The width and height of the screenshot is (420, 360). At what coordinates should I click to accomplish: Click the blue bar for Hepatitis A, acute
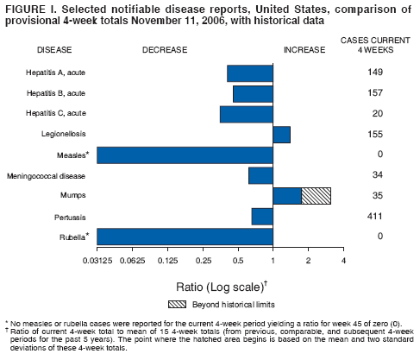point(250,73)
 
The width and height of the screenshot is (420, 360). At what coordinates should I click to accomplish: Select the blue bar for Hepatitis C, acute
point(247,114)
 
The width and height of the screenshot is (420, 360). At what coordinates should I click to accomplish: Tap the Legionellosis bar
point(281,134)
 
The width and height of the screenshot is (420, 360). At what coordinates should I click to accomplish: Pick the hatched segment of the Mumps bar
point(316,196)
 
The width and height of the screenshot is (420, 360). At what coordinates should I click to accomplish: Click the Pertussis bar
point(262,216)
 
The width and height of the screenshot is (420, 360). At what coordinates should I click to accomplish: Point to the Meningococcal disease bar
point(260,175)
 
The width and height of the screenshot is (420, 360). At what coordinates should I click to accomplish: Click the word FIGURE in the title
point(22,8)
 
